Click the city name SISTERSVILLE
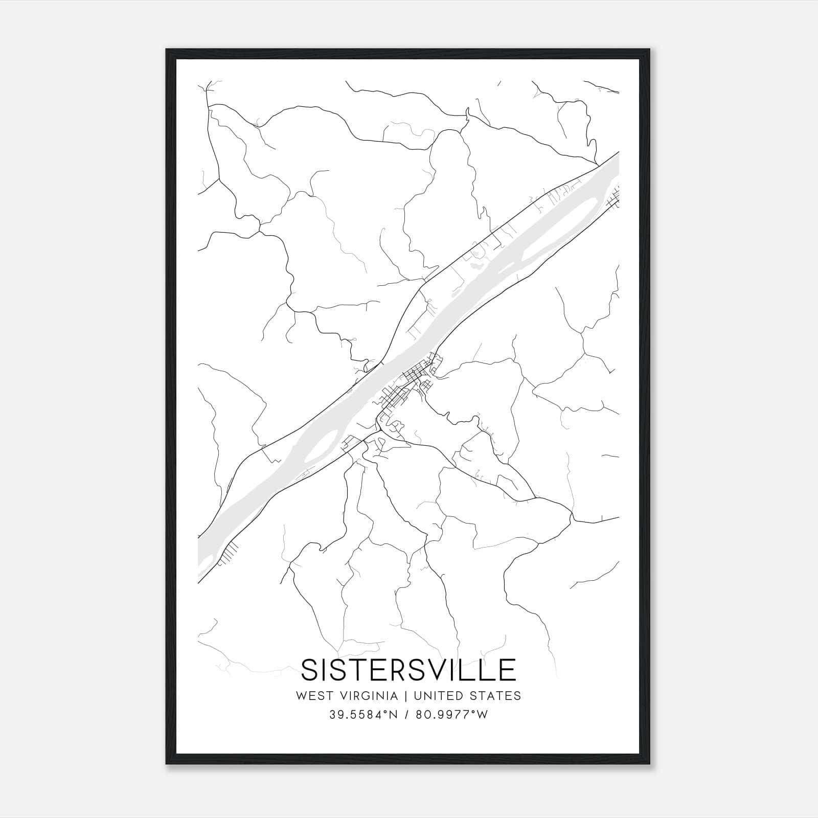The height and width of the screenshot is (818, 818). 408,670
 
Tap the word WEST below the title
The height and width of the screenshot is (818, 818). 313,696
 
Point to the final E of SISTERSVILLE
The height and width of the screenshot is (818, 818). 508,670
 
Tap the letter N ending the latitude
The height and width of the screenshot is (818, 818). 394,715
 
